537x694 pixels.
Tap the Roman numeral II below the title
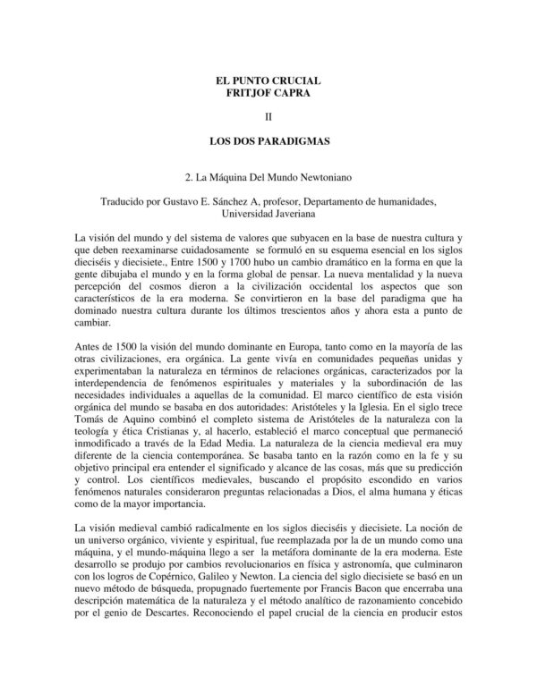(268, 117)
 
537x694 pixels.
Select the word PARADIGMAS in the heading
(294, 141)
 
